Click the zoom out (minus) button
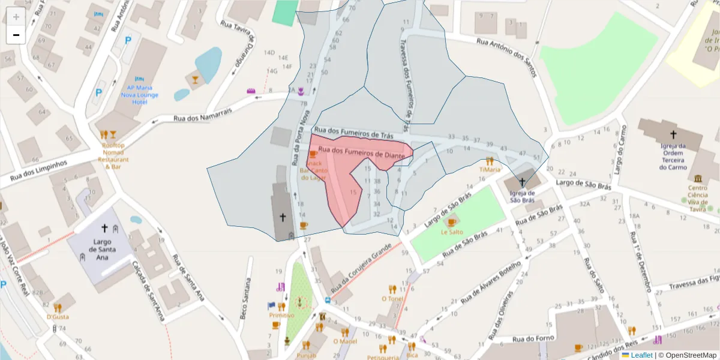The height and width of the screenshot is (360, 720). (16, 35)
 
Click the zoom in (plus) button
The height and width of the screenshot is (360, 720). (16, 16)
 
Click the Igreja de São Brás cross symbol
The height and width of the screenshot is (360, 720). (522, 182)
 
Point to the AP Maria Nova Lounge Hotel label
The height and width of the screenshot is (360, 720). (139, 95)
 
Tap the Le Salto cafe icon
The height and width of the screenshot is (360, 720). (452, 222)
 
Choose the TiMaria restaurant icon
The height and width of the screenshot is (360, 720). (490, 161)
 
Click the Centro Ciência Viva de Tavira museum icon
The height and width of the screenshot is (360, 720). (698, 178)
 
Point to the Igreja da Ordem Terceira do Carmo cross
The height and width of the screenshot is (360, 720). (673, 134)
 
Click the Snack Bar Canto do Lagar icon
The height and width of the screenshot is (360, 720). (312, 154)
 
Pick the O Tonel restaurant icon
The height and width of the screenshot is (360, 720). (392, 289)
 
